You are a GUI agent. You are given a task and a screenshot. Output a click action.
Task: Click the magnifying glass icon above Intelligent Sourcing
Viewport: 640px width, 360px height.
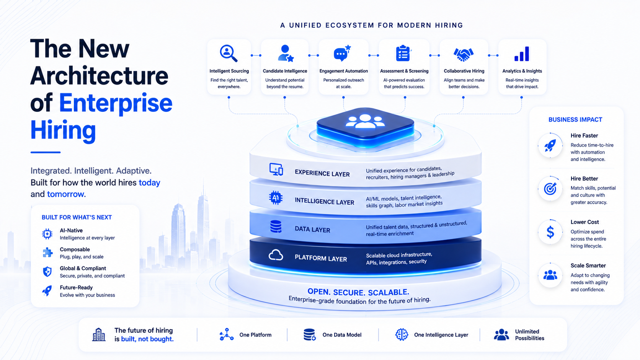tap(228, 54)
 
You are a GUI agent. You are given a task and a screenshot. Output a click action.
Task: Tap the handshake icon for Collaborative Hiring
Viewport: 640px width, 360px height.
tap(464, 54)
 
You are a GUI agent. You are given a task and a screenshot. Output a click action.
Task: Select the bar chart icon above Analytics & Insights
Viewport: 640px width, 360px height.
tap(522, 54)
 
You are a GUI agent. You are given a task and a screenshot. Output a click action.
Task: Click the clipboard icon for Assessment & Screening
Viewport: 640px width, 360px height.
tap(403, 54)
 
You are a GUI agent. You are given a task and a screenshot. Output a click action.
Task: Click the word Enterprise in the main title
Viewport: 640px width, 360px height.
tap(116, 103)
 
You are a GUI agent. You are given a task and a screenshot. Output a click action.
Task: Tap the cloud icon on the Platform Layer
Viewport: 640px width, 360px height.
tap(276, 255)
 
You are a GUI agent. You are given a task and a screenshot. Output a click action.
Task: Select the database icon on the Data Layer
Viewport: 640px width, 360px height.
tap(276, 227)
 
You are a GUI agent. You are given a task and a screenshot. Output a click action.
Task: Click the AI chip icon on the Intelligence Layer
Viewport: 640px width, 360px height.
tap(276, 197)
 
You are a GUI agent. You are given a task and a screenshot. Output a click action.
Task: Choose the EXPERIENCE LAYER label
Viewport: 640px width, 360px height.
tap(322, 173)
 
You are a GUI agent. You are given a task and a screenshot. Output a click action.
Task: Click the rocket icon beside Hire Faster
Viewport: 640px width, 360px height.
tap(550, 145)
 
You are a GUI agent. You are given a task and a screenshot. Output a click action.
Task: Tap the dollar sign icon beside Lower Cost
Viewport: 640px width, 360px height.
tap(550, 232)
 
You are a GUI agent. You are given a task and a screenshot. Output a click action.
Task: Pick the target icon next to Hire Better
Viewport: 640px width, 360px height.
tap(550, 189)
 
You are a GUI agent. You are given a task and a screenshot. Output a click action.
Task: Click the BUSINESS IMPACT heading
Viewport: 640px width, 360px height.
tap(575, 120)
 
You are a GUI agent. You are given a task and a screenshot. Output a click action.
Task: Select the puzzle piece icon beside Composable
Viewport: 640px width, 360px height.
tap(47, 252)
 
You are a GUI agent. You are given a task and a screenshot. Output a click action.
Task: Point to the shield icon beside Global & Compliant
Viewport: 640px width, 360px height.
tap(47, 272)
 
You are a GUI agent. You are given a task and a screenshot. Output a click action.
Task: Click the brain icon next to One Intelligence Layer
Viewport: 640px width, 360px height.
tap(402, 334)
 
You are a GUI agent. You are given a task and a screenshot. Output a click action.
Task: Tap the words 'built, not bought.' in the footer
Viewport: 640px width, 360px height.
tap(147, 339)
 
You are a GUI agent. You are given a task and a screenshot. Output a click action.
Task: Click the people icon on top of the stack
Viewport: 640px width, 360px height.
tap(365, 121)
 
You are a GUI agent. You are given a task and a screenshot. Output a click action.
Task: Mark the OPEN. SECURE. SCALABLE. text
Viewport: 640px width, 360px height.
tap(358, 292)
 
